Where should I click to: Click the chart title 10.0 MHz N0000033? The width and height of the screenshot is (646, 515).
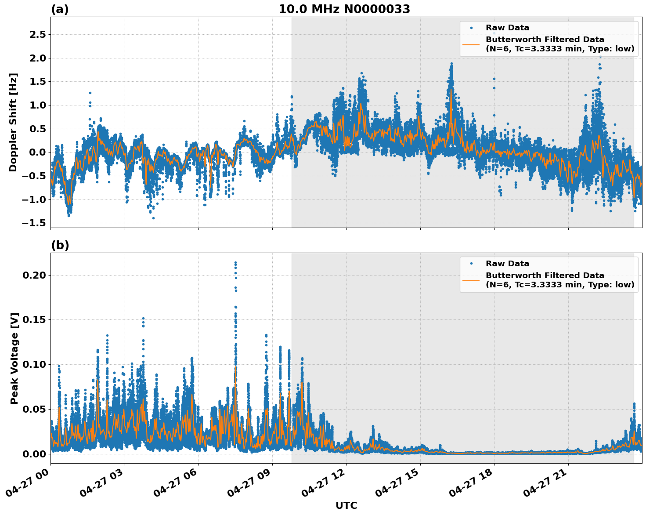[344, 9]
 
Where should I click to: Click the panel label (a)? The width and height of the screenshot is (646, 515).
[60, 9]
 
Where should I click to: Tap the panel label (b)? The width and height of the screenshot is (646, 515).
[60, 245]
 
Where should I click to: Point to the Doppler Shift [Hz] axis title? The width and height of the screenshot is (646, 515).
[14, 122]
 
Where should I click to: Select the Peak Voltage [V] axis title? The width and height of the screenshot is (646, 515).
[14, 358]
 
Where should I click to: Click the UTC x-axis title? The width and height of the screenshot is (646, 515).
[346, 505]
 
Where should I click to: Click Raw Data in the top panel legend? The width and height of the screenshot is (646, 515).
[507, 28]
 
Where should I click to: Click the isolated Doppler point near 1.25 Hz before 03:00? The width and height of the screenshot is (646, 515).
[90, 93]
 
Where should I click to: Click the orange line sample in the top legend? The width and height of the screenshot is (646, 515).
[471, 44]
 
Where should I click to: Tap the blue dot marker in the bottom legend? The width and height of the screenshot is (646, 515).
[471, 264]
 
